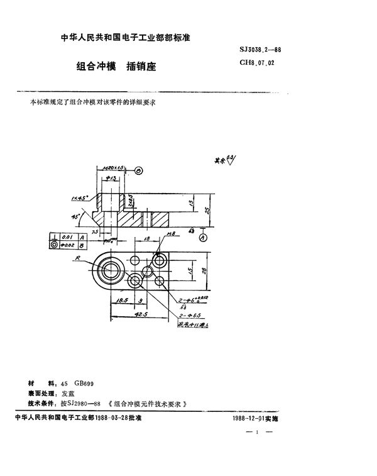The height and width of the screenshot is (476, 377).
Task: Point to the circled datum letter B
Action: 139,170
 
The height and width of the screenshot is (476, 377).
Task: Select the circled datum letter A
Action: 204,238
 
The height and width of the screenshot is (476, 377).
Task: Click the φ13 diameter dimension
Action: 114,179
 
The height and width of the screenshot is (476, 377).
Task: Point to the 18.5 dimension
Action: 123,300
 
